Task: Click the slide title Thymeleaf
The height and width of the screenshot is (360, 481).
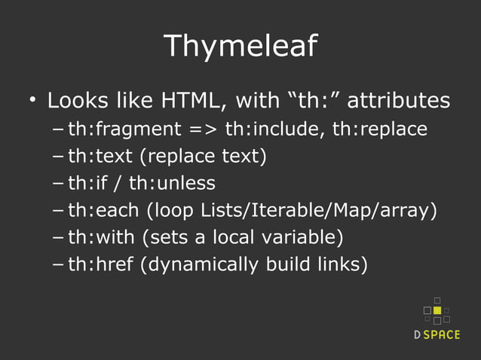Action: tap(240, 46)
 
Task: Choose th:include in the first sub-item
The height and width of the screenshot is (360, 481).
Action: tap(274, 130)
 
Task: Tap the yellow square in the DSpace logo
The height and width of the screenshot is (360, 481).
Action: tap(437, 310)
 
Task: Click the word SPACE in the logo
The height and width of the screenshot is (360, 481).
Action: tap(442, 335)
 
